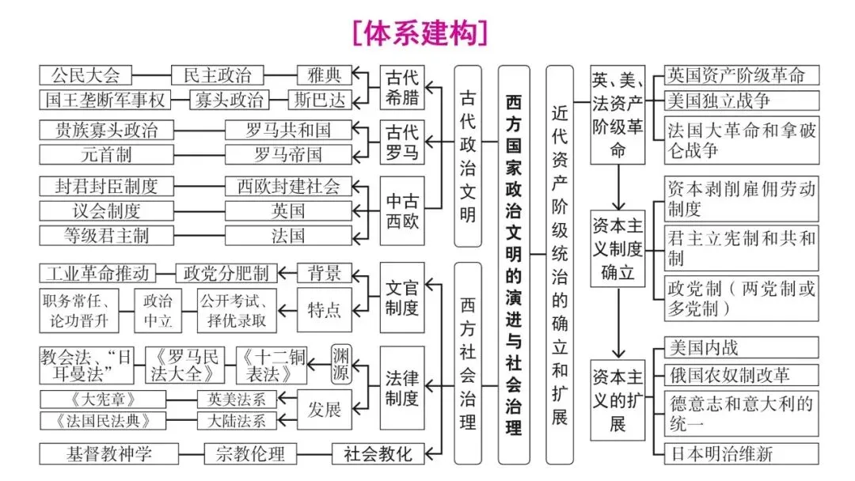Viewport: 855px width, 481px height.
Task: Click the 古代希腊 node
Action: point(401,87)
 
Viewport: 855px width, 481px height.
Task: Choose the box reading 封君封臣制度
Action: point(106,187)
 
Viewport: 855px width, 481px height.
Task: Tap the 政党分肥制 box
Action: point(226,274)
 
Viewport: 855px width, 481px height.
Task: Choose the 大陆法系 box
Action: point(237,420)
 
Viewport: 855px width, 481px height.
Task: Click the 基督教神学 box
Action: point(108,454)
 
